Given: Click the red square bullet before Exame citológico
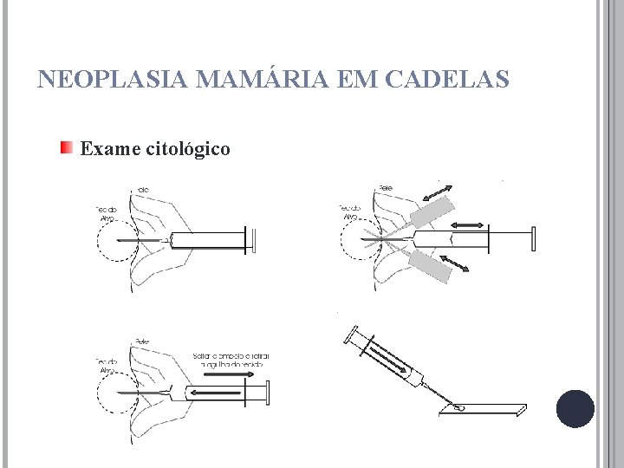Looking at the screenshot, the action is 67,148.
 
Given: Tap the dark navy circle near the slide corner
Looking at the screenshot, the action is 575,408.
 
